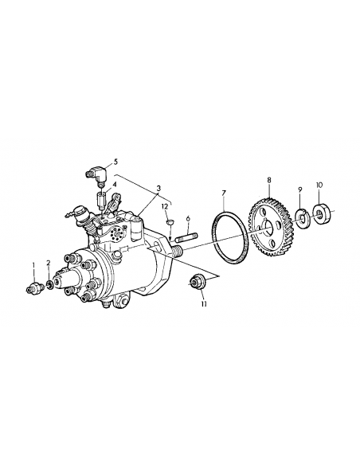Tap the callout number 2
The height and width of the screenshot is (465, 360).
point(48,263)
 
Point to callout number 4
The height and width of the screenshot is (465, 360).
point(115,185)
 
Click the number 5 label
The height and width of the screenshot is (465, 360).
point(115,161)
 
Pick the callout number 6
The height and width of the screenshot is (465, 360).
point(187,217)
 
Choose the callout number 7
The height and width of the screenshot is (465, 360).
point(224,193)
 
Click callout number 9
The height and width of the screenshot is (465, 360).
point(300,190)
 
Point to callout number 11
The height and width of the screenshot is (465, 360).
point(203,303)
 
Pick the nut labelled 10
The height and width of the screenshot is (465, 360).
point(323,214)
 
